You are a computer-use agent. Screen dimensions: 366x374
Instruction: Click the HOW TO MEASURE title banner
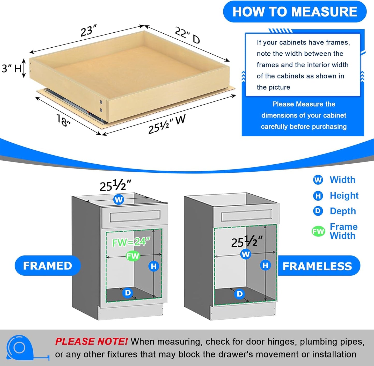pyautogui.click(x=295, y=12)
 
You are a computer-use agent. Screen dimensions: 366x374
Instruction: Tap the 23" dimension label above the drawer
pyautogui.click(x=89, y=31)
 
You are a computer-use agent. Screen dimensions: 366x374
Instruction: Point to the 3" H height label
pyautogui.click(x=12, y=69)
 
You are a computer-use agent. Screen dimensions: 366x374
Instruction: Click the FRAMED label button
pyautogui.click(x=48, y=266)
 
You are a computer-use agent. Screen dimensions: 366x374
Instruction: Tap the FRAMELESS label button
pyautogui.click(x=317, y=266)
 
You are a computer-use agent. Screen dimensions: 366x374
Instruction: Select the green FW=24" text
pyautogui.click(x=131, y=242)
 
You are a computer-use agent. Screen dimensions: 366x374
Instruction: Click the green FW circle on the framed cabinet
pyautogui.click(x=133, y=256)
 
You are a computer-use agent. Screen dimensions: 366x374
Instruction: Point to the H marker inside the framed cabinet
pyautogui.click(x=154, y=266)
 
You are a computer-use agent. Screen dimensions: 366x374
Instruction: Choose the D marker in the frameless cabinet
pyautogui.click(x=240, y=294)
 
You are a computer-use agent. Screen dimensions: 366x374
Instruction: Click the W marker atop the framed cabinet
pyautogui.click(x=119, y=200)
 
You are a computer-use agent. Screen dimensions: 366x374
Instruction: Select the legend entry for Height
pyautogui.click(x=336, y=196)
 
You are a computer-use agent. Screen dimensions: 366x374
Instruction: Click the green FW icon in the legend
pyautogui.click(x=318, y=231)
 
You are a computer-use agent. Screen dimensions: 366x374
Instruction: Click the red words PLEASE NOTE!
pyautogui.click(x=91, y=342)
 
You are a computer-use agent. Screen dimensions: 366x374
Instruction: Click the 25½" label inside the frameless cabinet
pyautogui.click(x=247, y=242)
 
